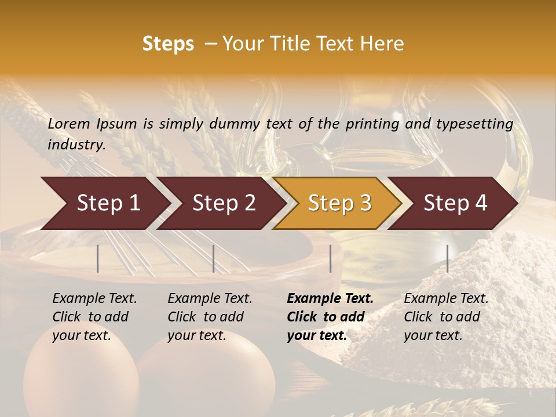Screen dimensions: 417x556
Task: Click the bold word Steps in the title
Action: pyautogui.click(x=168, y=44)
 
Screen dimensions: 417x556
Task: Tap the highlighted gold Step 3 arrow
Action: pyautogui.click(x=338, y=203)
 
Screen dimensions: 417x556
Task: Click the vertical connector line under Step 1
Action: pyautogui.click(x=98, y=258)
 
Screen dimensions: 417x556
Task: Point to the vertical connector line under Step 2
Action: pyautogui.click(x=214, y=258)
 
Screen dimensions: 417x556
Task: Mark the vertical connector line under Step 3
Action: pyautogui.click(x=331, y=258)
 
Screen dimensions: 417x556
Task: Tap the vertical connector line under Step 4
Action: pyautogui.click(x=448, y=258)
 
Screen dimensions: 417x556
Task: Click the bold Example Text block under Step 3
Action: pyautogui.click(x=330, y=317)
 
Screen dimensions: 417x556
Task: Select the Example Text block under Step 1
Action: pyautogui.click(x=94, y=317)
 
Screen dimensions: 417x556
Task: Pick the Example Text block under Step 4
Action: pyautogui.click(x=446, y=317)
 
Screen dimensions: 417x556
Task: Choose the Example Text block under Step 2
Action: pyautogui.click(x=210, y=317)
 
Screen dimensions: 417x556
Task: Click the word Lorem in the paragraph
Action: pyautogui.click(x=69, y=124)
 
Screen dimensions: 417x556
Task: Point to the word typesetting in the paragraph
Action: pyautogui.click(x=475, y=124)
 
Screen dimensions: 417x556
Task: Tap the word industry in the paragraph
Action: pyautogui.click(x=76, y=145)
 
